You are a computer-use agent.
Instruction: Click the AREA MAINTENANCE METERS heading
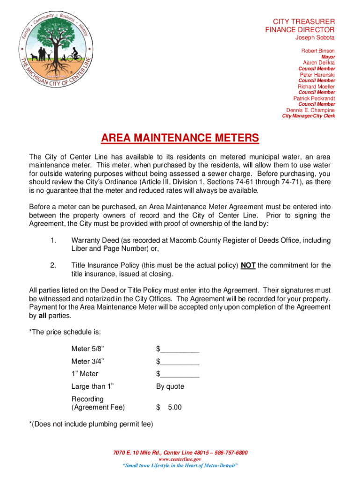[x=180, y=138]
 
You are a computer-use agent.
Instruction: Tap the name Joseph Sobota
[x=314, y=37]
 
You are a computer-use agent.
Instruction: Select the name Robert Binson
[x=318, y=51]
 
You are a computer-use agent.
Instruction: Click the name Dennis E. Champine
[x=310, y=110]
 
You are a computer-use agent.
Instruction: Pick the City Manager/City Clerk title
[x=308, y=116]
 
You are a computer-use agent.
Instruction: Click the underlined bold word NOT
[x=248, y=265]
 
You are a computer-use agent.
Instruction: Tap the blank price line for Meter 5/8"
[x=180, y=349]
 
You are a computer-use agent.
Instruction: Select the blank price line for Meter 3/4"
[x=180, y=362]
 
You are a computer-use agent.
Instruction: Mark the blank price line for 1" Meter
[x=180, y=374]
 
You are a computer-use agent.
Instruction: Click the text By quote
[x=170, y=386]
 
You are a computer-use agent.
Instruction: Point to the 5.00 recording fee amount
[x=174, y=407]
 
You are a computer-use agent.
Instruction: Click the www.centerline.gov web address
[x=180, y=459]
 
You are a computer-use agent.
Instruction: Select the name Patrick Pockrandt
[x=314, y=98]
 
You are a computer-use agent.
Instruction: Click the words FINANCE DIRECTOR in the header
[x=300, y=30]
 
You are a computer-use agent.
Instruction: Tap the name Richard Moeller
[x=317, y=87]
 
